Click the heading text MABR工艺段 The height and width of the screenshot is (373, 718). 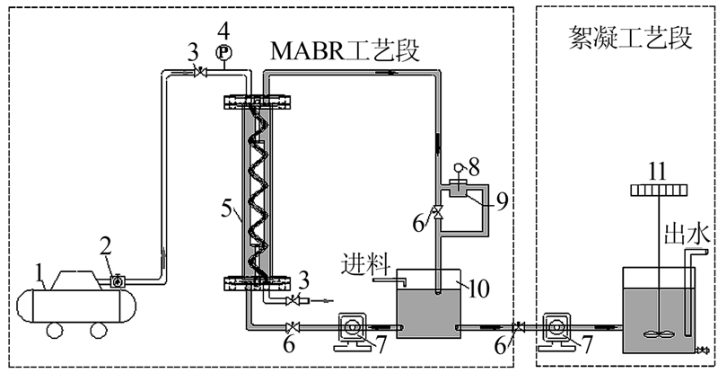pos(343,51)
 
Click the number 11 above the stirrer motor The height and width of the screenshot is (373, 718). pos(658,167)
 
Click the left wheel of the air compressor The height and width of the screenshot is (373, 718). pos(52,330)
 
